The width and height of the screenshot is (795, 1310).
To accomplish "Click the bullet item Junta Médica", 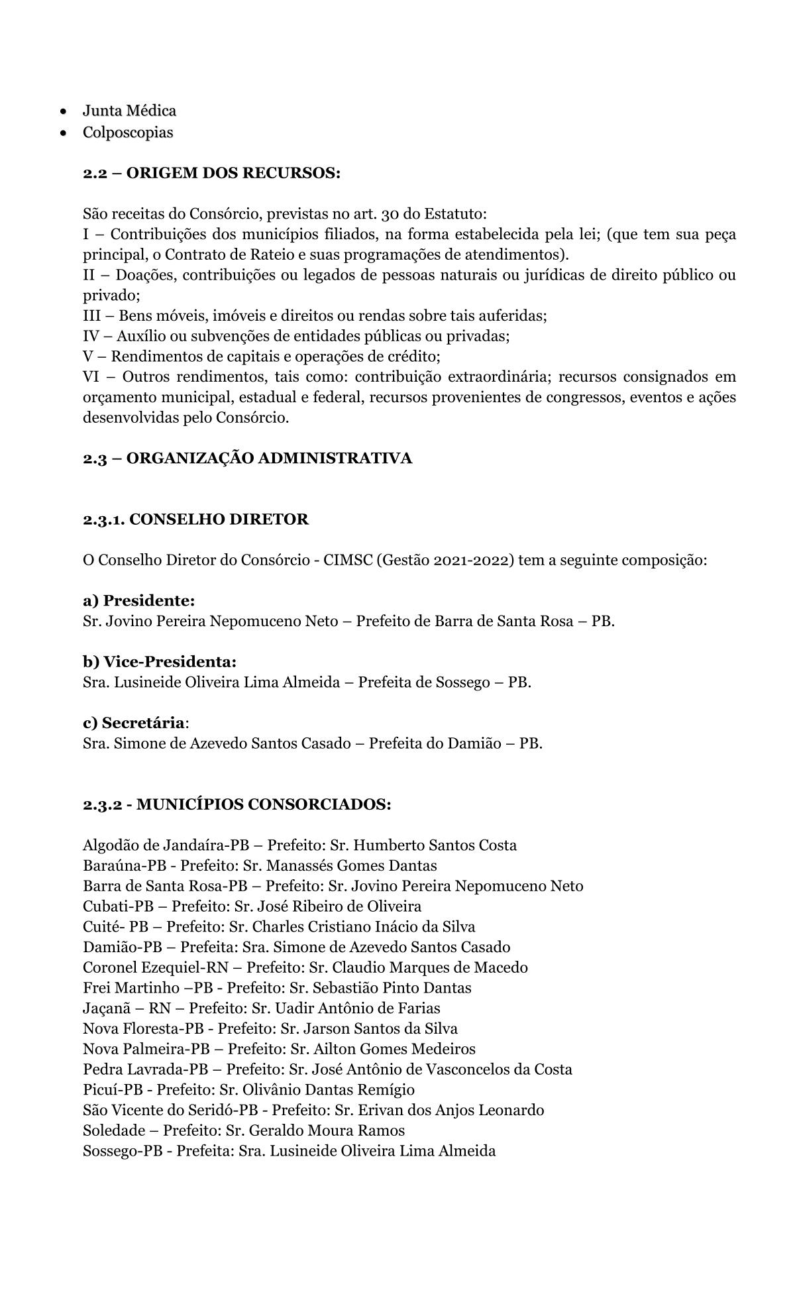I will pyautogui.click(x=129, y=111).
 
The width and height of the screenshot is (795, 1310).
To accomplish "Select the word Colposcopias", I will pyautogui.click(x=128, y=133).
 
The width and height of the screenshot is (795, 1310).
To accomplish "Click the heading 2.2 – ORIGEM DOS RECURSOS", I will pyautogui.click(x=211, y=174).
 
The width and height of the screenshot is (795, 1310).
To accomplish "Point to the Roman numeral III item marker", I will pyautogui.click(x=91, y=316).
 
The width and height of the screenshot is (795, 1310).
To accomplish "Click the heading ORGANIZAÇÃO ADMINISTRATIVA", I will pyautogui.click(x=268, y=459).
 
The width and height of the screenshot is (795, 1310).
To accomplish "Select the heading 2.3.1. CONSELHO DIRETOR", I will pyautogui.click(x=195, y=519).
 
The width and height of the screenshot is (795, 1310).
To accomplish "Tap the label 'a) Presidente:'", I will pyautogui.click(x=139, y=601).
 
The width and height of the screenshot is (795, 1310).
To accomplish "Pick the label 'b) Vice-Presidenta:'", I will pyautogui.click(x=160, y=662).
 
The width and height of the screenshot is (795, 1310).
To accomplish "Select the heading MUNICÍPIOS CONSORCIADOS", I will pyautogui.click(x=264, y=804).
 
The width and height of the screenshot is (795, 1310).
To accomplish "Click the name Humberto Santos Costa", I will pyautogui.click(x=435, y=846).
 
